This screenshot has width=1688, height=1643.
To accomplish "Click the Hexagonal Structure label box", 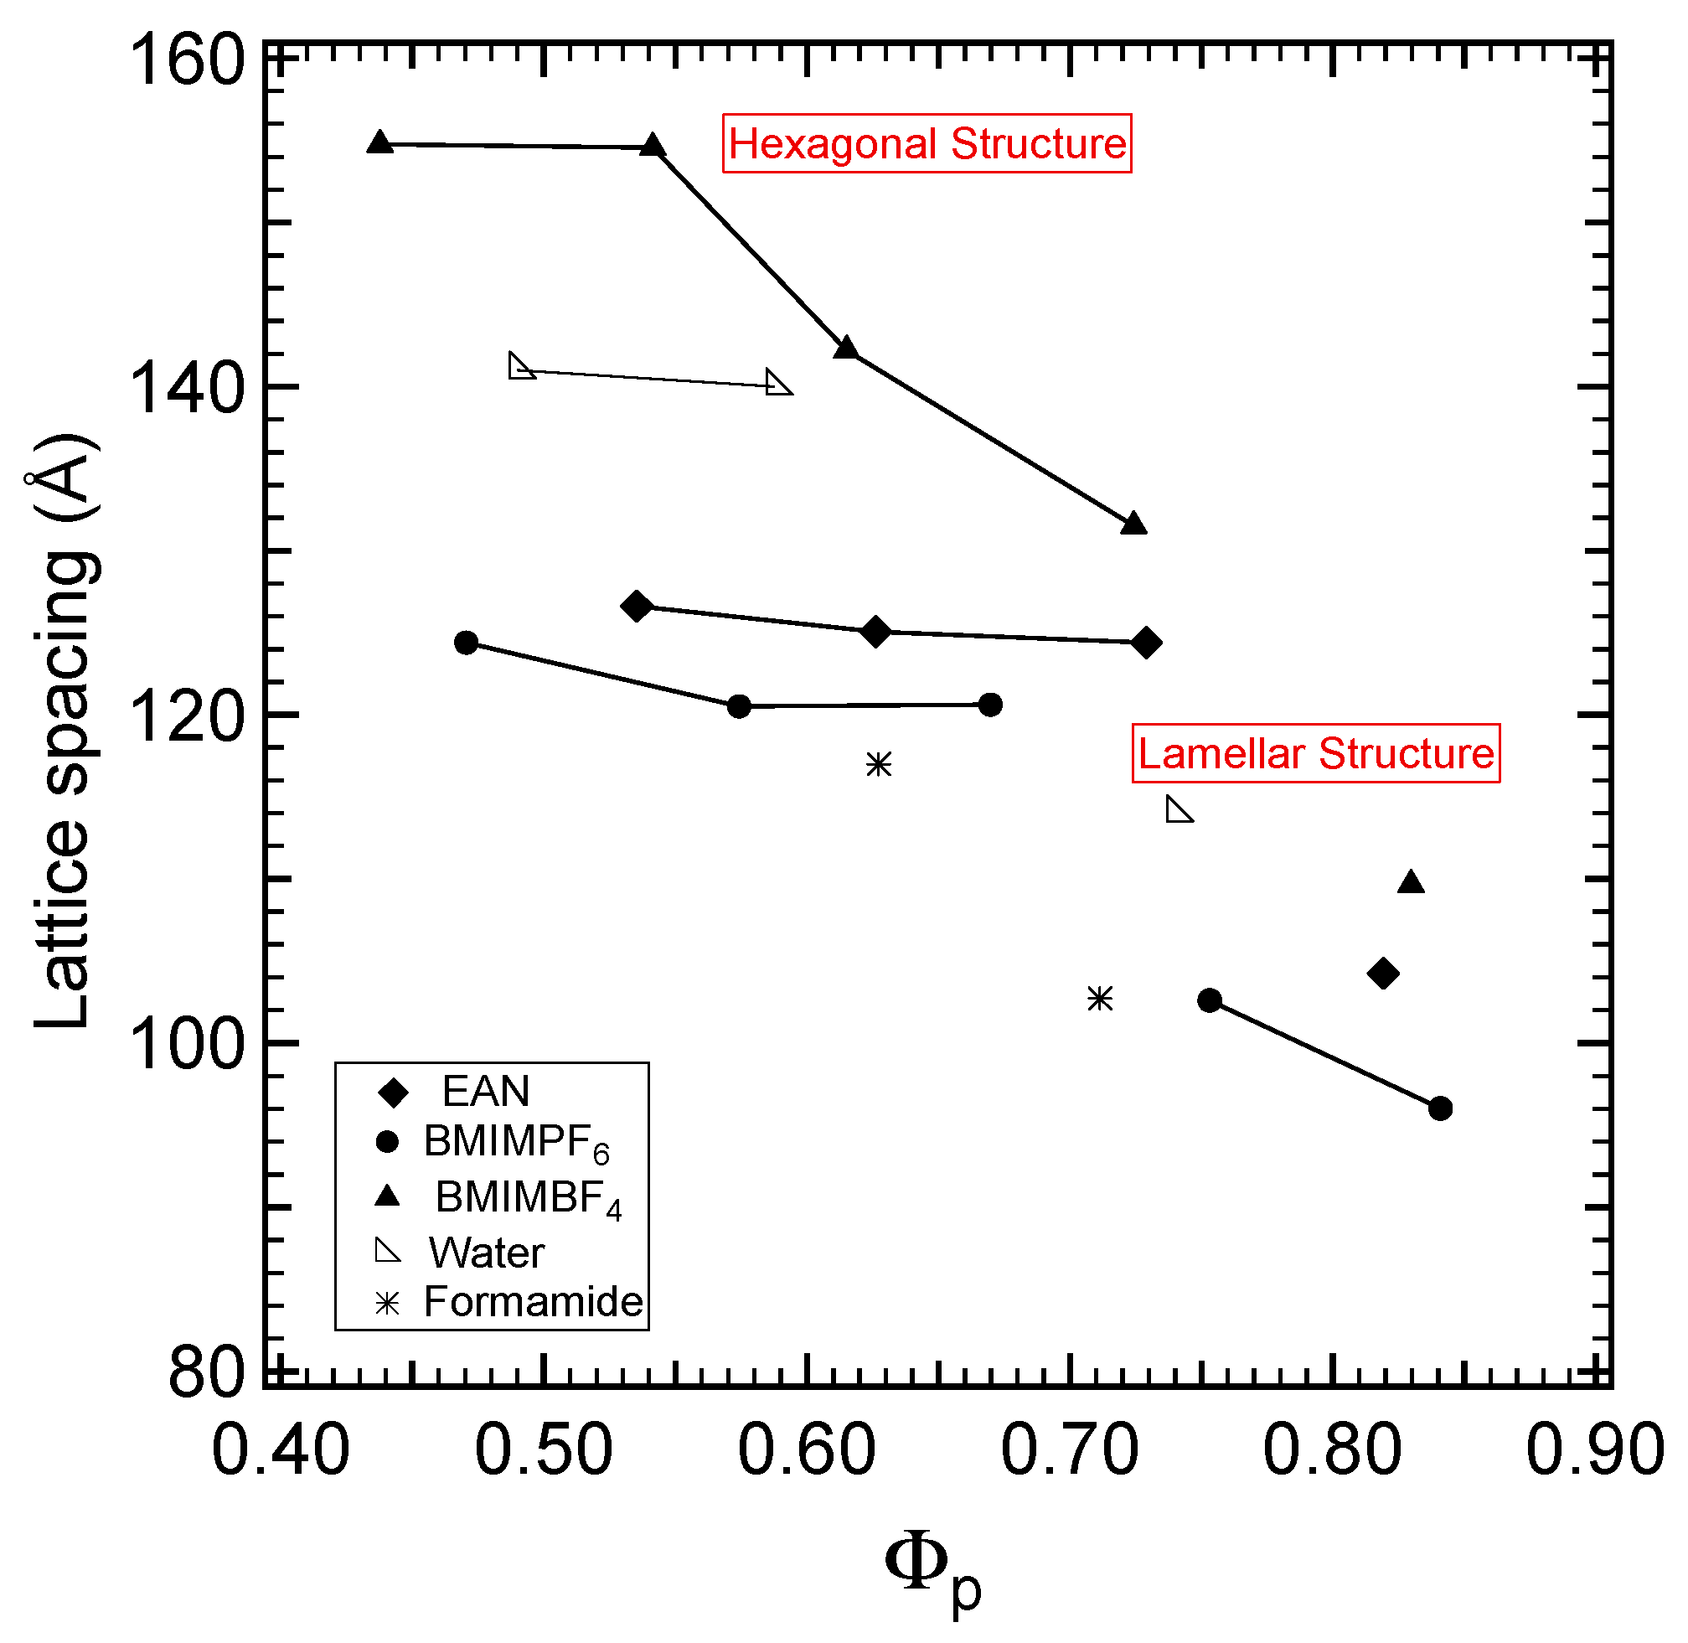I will click(926, 143).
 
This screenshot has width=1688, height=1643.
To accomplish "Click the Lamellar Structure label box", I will click(1315, 753).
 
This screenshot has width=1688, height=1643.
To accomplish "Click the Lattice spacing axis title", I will click(64, 731).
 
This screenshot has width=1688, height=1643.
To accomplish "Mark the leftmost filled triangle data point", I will click(379, 143).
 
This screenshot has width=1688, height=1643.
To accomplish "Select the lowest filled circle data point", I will click(1439, 1108).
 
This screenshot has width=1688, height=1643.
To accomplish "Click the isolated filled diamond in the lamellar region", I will click(1382, 974).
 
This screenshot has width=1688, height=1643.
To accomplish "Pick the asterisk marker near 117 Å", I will click(879, 765).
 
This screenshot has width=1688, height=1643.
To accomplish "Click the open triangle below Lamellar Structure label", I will click(1177, 811).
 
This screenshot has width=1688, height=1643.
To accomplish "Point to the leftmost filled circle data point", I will click(466, 643).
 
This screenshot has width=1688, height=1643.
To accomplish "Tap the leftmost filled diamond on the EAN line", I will click(637, 607).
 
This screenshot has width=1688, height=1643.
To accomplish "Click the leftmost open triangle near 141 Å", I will click(519, 367).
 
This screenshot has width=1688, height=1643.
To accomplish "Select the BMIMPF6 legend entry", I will click(515, 1142).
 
